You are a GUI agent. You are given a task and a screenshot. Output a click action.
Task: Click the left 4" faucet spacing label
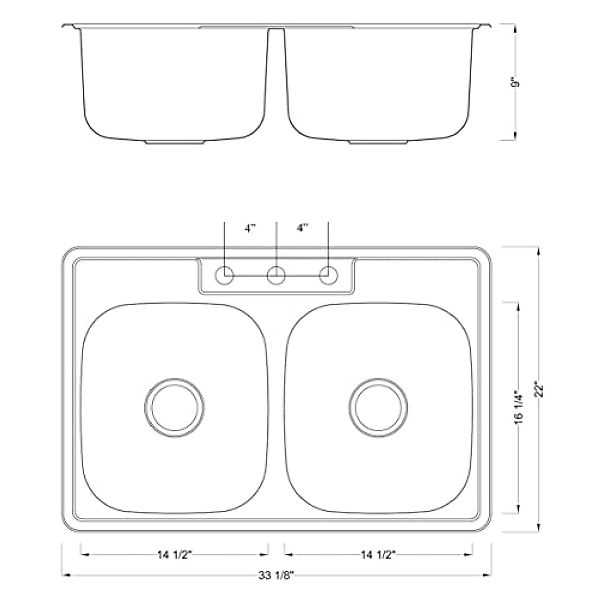250,229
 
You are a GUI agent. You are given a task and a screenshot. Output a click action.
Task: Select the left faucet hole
224,276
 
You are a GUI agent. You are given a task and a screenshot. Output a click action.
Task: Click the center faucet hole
276,276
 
